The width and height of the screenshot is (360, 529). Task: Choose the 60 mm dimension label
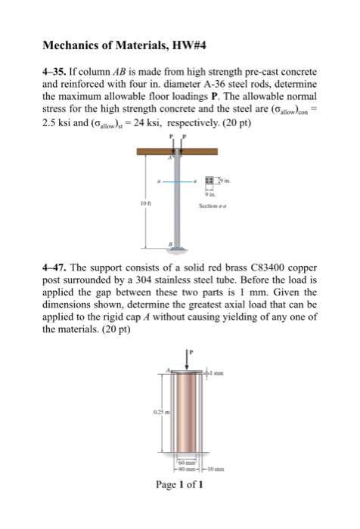coord(185,459)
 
